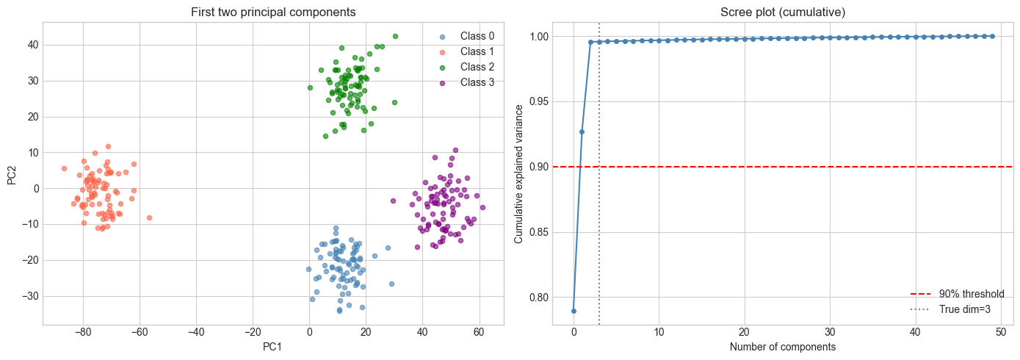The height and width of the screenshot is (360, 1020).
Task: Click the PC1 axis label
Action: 273,346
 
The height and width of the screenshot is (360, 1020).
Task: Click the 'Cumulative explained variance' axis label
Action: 518,173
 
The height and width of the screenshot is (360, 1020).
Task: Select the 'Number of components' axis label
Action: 783,346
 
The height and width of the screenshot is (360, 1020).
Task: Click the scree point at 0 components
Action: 574,311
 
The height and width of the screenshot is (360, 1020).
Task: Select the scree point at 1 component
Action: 582,132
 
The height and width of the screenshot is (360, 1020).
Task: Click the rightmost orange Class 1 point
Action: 149,217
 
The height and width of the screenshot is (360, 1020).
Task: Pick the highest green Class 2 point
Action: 395,36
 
